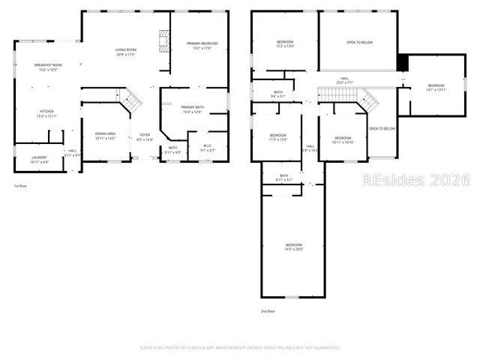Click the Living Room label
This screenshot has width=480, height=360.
pos(124,52)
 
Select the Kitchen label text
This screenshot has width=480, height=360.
pos(47,113)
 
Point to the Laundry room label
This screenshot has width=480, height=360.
pos(39,160)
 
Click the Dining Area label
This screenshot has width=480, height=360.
pos(105,136)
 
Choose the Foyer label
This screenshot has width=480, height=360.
pos(145,137)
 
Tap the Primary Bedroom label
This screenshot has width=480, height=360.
pos(199,45)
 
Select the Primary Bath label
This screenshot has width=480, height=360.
pos(193,109)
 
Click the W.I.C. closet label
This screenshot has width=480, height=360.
pos(208,148)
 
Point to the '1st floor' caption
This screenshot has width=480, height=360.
pos(22,185)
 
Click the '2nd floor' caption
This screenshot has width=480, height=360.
pos(268,311)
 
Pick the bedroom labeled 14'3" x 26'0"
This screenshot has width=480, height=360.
pos(293,247)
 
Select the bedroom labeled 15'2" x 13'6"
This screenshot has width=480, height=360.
pos(285,43)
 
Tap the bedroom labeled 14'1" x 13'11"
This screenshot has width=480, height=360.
pos(436,88)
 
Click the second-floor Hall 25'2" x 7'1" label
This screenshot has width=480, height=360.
pos(344,80)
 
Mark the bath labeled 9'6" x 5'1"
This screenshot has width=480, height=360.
pos(277,94)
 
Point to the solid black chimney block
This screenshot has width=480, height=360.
pos(402,63)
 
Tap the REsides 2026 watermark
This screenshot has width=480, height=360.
pos(416,181)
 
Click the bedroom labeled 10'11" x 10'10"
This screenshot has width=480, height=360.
pos(343,140)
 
